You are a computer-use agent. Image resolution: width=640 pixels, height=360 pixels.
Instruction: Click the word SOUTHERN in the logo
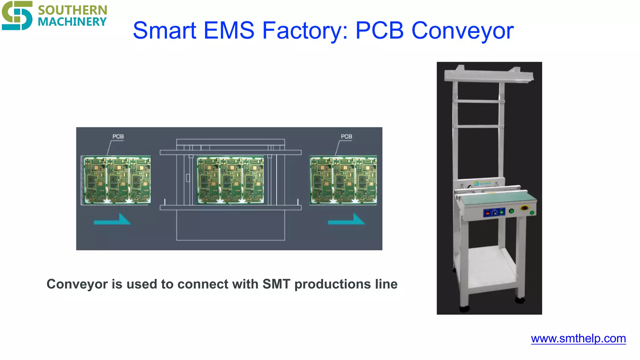click(72, 10)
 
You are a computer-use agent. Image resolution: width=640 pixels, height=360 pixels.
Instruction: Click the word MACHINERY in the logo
click(72, 22)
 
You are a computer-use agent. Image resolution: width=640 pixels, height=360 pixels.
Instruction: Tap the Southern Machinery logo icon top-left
click(17, 15)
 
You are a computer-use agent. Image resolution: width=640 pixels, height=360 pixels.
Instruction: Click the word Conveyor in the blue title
click(462, 31)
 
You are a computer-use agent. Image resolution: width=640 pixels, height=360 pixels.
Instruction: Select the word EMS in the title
click(229, 31)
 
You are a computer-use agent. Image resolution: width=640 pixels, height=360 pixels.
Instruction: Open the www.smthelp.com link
click(578, 338)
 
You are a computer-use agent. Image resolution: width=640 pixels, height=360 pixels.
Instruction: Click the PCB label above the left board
click(118, 137)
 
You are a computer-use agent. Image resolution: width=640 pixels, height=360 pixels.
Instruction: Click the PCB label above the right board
click(346, 137)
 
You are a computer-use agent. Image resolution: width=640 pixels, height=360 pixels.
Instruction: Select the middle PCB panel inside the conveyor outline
click(230, 180)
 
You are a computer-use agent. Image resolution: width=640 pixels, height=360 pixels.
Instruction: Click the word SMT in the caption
click(276, 284)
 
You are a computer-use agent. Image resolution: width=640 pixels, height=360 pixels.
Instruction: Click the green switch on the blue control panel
click(502, 212)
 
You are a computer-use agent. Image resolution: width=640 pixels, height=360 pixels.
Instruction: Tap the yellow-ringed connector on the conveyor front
click(524, 208)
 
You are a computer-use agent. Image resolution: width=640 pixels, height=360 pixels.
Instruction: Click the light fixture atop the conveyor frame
click(489, 75)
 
